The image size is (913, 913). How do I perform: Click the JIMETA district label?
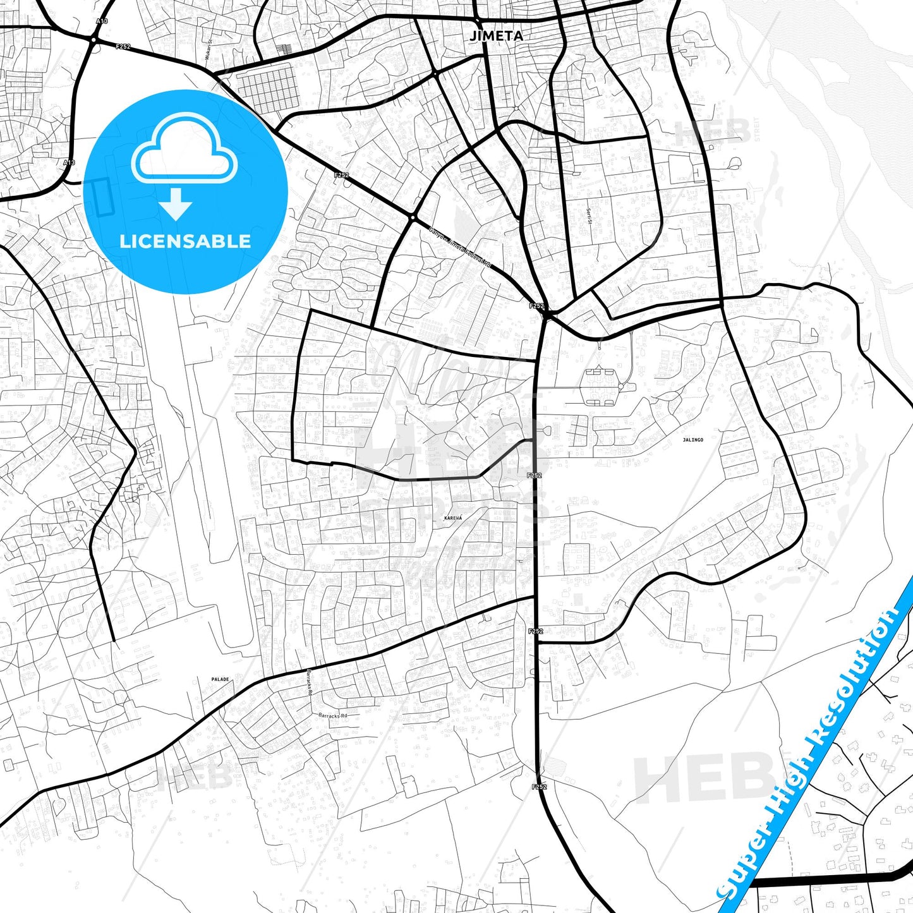click(496, 36)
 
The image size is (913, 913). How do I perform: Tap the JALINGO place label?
click(692, 440)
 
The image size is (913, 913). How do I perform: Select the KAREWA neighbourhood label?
click(453, 518)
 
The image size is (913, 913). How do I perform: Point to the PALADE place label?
click(220, 680)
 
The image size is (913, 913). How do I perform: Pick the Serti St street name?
click(588, 217)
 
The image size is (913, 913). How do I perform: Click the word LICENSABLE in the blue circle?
click(185, 241)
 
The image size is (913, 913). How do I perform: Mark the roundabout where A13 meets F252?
click(93, 40)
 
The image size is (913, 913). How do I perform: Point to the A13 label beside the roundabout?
click(102, 21)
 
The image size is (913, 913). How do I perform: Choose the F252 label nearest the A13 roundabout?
click(123, 46)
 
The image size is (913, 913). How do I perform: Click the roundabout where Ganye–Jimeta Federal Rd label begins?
click(412, 217)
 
